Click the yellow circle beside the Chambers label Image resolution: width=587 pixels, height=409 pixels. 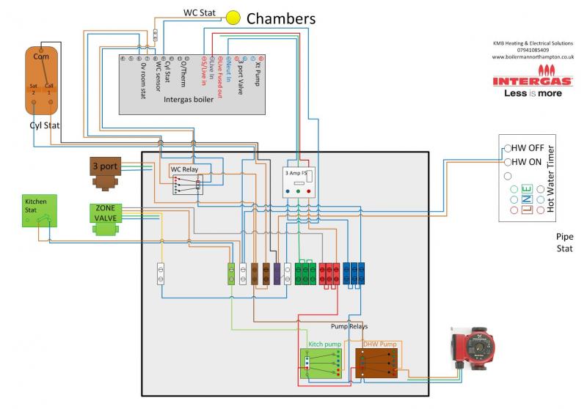[x=233, y=18]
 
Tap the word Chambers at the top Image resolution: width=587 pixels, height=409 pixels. [x=280, y=18]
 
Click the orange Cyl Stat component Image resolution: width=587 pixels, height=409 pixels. [x=41, y=81]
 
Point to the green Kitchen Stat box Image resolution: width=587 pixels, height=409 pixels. [x=39, y=209]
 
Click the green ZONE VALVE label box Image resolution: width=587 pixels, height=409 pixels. [x=106, y=213]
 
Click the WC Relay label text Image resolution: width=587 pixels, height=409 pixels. [x=184, y=170]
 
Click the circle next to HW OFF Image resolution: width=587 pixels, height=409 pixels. [x=507, y=148]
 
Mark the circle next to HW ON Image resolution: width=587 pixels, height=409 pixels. [x=507, y=162]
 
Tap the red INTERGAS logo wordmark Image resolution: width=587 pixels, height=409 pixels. [x=533, y=80]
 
